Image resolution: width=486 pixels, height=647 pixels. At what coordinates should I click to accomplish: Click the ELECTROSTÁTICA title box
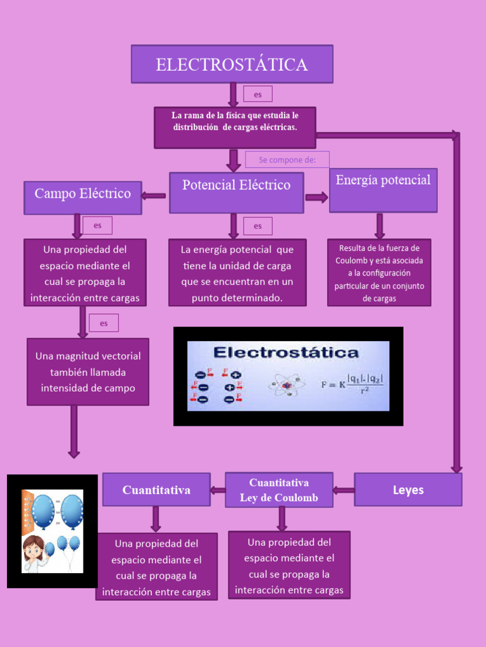click(x=232, y=64)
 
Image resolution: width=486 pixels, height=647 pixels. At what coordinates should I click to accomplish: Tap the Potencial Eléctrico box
click(x=236, y=192)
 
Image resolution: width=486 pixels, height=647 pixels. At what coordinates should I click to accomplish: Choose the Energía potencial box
click(x=383, y=190)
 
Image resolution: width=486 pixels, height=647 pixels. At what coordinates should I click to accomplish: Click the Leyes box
click(x=408, y=490)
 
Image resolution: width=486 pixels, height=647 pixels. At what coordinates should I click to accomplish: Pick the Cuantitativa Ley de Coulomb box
click(x=278, y=490)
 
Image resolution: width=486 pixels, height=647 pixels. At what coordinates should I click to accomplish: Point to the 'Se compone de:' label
click(x=287, y=160)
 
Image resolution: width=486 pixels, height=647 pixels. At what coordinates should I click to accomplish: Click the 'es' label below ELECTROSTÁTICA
click(x=258, y=94)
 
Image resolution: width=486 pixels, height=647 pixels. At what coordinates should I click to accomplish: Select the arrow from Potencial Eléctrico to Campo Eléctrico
click(x=153, y=196)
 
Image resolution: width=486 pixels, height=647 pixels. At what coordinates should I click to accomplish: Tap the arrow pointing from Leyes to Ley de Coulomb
click(x=344, y=490)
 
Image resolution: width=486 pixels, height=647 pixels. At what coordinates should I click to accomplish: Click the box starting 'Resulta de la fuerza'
click(x=379, y=272)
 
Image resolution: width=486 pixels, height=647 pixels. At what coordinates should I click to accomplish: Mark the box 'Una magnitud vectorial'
click(x=88, y=372)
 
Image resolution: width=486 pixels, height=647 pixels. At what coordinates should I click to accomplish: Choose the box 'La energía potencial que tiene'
click(x=237, y=273)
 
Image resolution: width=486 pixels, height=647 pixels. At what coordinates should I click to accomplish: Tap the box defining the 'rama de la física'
click(x=235, y=127)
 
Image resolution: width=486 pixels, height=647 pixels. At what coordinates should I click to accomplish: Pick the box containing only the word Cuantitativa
click(x=156, y=490)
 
